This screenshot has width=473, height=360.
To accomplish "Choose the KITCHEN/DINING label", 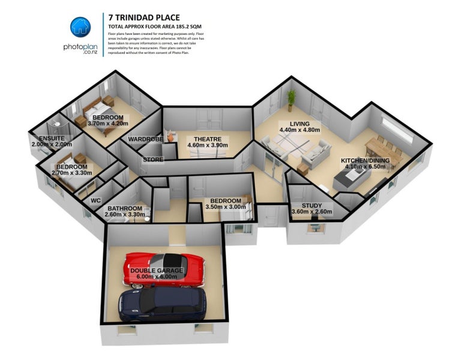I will (x=365, y=160).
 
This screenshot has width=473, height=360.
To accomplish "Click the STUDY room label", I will (x=312, y=205).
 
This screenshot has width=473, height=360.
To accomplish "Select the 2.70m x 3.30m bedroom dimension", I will (x=71, y=173).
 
